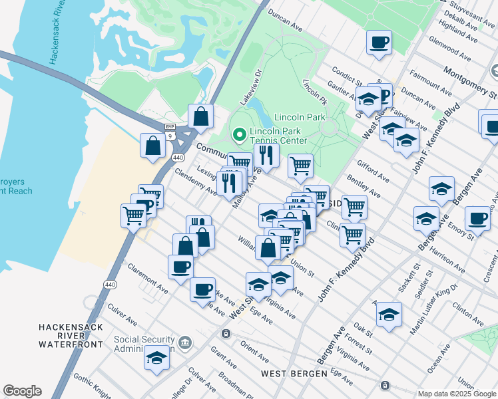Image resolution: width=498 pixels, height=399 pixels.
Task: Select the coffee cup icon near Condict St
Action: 379,43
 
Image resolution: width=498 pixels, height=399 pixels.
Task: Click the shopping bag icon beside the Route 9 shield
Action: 200,118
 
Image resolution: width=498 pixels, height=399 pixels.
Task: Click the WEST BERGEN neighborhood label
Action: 294,374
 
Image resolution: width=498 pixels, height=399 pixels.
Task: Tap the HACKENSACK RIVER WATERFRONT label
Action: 71,336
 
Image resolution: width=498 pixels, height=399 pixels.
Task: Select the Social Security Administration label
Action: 144,344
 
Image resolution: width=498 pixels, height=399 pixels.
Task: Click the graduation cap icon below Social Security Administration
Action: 157,358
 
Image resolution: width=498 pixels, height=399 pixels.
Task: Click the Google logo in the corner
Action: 22,391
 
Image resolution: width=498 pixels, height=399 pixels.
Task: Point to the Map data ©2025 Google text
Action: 456,394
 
